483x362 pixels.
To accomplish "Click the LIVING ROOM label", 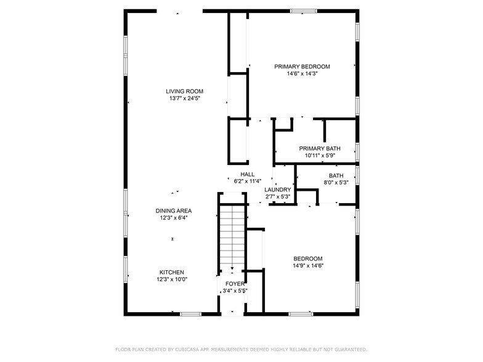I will click(x=184, y=91).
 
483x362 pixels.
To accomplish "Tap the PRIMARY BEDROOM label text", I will click(x=302, y=66).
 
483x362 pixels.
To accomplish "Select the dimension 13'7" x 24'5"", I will click(x=184, y=99).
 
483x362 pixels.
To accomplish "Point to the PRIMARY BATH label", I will click(x=320, y=148).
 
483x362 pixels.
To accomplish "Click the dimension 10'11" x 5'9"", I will click(x=320, y=156).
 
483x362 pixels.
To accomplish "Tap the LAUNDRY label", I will click(x=277, y=190).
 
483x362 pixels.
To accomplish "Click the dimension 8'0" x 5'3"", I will click(x=336, y=182).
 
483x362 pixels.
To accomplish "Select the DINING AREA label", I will click(x=173, y=211).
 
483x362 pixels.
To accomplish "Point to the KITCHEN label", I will click(x=172, y=272).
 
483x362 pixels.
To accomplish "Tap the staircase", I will click(x=232, y=237).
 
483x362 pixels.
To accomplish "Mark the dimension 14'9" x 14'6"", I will click(x=308, y=266).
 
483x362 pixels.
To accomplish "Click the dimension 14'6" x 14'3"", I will click(x=302, y=74).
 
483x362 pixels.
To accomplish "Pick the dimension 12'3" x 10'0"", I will click(x=172, y=280).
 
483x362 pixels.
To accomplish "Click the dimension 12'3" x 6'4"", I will click(x=173, y=218).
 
